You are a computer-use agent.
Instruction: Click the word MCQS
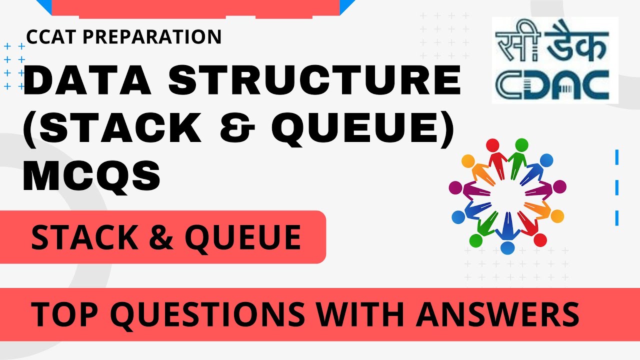pos(92,175)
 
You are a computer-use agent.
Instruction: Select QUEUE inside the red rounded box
pos(243,237)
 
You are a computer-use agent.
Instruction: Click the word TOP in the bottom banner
pos(65,314)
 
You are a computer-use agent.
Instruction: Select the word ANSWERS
pos(498,314)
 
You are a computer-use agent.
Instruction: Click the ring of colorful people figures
pos(507,193)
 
